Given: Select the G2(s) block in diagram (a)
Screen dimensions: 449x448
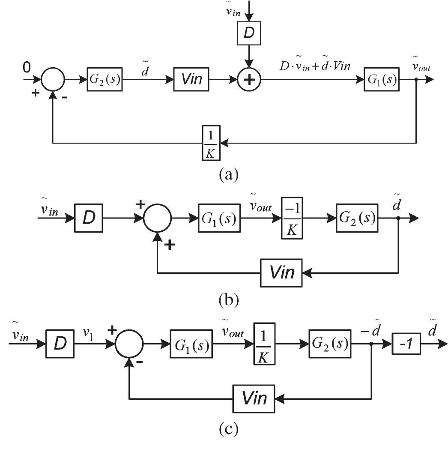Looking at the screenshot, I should [x=105, y=79].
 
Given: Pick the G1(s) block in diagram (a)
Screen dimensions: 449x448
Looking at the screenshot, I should [x=382, y=79].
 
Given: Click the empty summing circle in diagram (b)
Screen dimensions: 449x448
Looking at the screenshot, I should [x=157, y=219].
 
